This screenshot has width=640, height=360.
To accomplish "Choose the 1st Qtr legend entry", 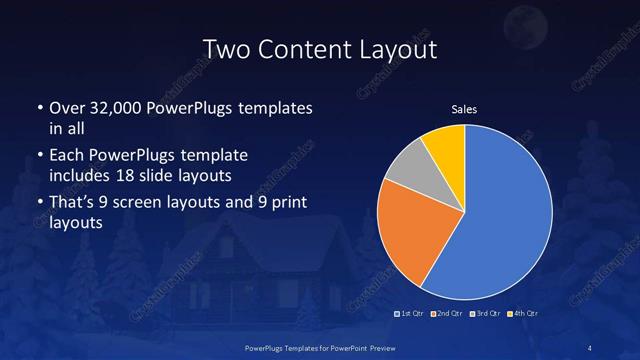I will [412, 314].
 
